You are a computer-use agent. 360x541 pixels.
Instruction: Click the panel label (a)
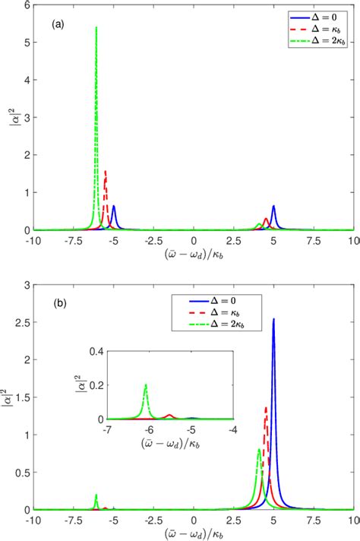click(57, 24)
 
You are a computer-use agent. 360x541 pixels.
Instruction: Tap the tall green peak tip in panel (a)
click(96, 27)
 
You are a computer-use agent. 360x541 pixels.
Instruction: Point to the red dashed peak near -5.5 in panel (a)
click(105, 172)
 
